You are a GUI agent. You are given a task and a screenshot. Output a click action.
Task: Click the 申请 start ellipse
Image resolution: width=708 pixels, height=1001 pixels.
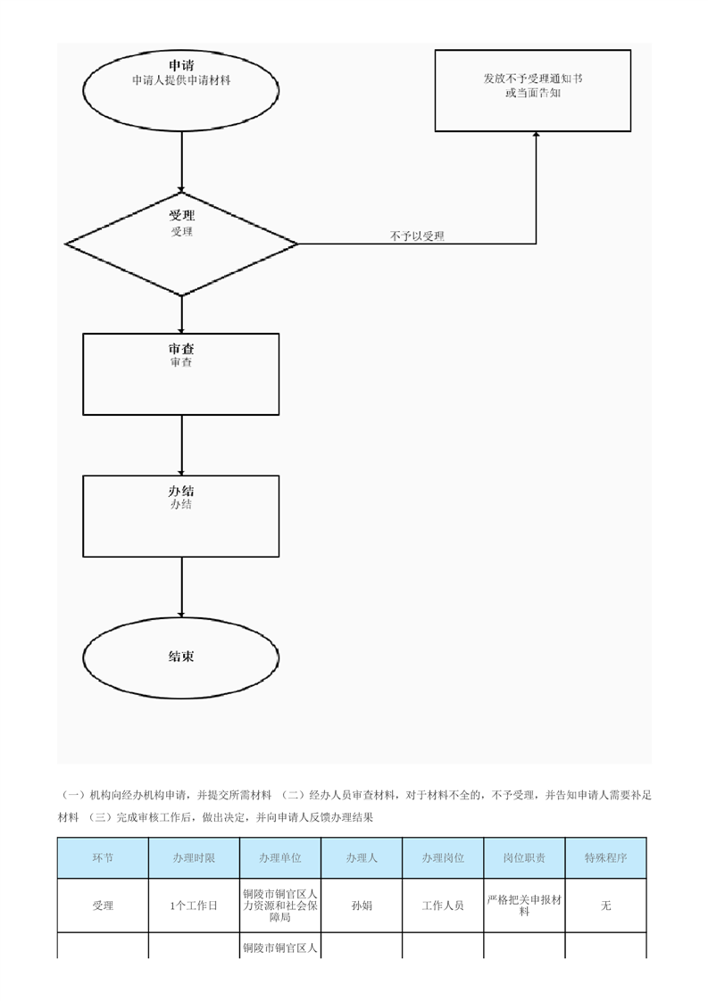point(181,88)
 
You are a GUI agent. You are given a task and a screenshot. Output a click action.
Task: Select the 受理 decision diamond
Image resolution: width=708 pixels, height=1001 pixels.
point(181,244)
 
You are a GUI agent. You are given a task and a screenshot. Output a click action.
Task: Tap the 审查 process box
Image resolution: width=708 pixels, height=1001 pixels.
point(181,374)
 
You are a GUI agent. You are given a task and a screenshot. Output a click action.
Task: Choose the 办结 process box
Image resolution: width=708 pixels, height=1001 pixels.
point(181,516)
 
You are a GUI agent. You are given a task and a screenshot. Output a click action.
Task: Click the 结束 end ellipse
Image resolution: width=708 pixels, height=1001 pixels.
point(181,658)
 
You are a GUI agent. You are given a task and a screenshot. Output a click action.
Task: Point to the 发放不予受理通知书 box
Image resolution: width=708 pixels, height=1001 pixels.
point(533,91)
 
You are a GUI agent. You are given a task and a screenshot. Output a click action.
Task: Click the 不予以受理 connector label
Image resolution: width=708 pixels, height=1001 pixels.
point(417,236)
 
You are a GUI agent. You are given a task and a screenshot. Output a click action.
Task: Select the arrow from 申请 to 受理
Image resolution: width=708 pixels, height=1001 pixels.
point(181,161)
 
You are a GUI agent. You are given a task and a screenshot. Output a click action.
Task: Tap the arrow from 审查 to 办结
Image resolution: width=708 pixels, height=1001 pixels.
point(181,445)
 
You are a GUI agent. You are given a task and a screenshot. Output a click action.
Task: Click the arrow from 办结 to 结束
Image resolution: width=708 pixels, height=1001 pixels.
point(181,587)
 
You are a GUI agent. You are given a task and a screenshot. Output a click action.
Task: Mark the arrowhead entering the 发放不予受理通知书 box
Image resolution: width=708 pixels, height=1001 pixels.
point(536,135)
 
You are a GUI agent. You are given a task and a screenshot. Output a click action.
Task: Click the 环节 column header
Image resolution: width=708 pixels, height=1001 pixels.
point(103,858)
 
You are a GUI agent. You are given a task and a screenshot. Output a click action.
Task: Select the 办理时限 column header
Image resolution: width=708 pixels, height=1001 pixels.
point(195,858)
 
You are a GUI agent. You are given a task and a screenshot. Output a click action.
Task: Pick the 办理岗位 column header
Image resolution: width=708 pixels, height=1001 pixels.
point(443,858)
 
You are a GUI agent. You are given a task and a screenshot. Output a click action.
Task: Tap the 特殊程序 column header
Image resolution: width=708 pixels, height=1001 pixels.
point(605,858)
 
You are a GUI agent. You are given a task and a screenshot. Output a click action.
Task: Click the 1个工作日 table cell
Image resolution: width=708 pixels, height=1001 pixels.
point(195,906)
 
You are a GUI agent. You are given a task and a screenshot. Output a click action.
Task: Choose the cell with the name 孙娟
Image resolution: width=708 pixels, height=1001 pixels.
point(362,906)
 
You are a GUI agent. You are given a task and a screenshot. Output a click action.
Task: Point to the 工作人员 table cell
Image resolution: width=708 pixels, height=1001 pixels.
point(443,906)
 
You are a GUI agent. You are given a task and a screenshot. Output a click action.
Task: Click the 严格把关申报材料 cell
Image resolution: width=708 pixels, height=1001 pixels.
point(525,906)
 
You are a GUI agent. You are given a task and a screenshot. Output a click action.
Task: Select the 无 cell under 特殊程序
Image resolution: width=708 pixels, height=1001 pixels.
point(605,906)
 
